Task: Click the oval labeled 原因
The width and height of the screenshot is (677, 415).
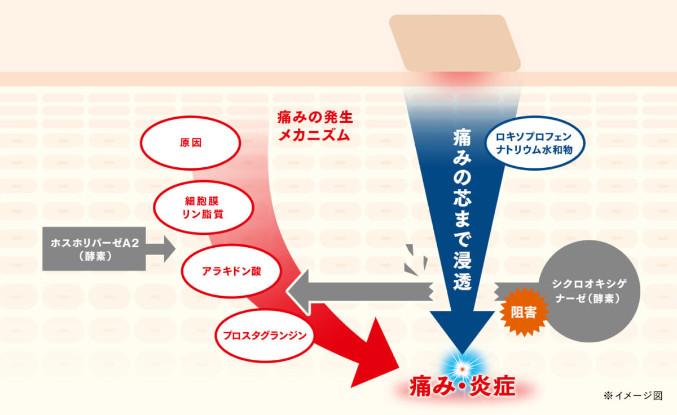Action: [191, 142]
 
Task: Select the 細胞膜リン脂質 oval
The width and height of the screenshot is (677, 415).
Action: [204, 207]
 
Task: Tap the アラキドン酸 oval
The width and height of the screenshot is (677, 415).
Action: [231, 271]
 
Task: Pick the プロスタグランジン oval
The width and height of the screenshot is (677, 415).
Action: [265, 336]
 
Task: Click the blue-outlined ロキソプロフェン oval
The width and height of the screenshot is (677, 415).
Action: [534, 143]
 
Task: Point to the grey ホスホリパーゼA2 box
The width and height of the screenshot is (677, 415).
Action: [94, 249]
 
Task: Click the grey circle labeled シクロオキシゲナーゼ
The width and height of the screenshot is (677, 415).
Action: [589, 291]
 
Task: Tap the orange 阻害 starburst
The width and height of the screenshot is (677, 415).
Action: [524, 312]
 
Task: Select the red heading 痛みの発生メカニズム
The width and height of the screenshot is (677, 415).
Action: [315, 126]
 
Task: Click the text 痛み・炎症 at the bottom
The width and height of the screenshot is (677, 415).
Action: [463, 386]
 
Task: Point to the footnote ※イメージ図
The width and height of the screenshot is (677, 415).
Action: [633, 395]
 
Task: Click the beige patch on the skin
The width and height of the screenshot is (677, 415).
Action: [455, 43]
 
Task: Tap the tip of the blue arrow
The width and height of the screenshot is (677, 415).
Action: [462, 354]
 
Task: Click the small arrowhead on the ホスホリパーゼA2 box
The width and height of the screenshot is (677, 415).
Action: [170, 249]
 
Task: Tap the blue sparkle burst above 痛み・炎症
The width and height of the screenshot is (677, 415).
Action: [462, 368]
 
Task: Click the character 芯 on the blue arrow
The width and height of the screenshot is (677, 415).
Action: [462, 198]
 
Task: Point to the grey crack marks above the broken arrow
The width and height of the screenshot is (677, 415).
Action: [416, 260]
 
